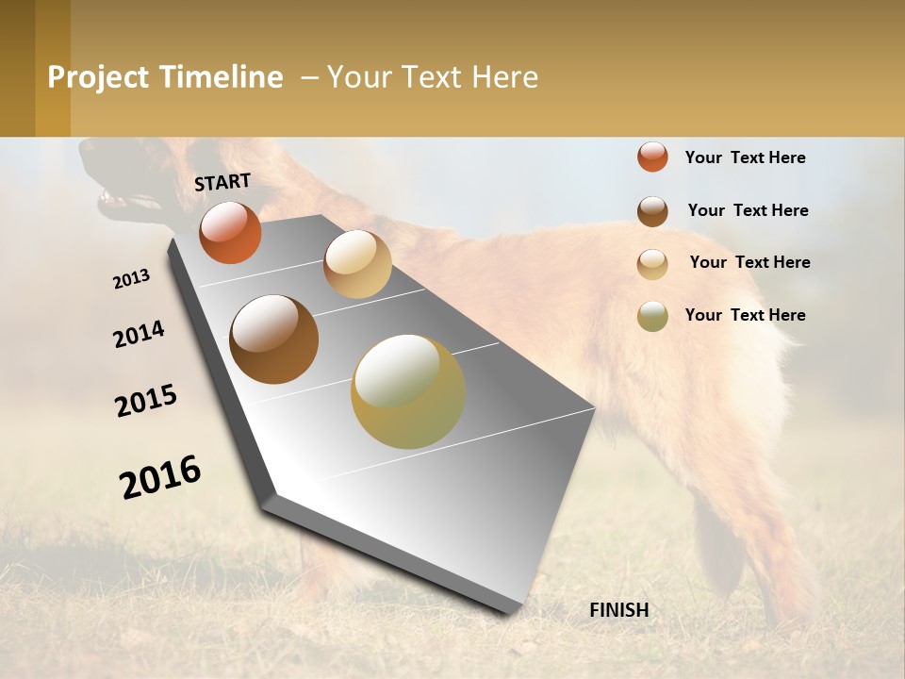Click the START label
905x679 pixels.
222,182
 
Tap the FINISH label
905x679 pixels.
618,610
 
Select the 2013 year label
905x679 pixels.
132,279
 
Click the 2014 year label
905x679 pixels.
139,334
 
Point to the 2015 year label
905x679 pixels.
146,401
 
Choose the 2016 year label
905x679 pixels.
160,477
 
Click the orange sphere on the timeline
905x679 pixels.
230,232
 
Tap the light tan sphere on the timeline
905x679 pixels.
357,264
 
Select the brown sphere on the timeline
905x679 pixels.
274,339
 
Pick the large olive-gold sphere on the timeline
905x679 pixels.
408,391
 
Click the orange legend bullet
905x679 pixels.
652,157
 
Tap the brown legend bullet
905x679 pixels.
652,211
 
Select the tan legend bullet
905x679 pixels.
652,264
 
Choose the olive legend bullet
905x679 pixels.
652,316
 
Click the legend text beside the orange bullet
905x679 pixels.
745,157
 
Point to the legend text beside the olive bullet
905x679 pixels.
745,315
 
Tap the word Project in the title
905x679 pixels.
99,77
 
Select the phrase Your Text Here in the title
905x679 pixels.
433,77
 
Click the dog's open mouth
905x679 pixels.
123,200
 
